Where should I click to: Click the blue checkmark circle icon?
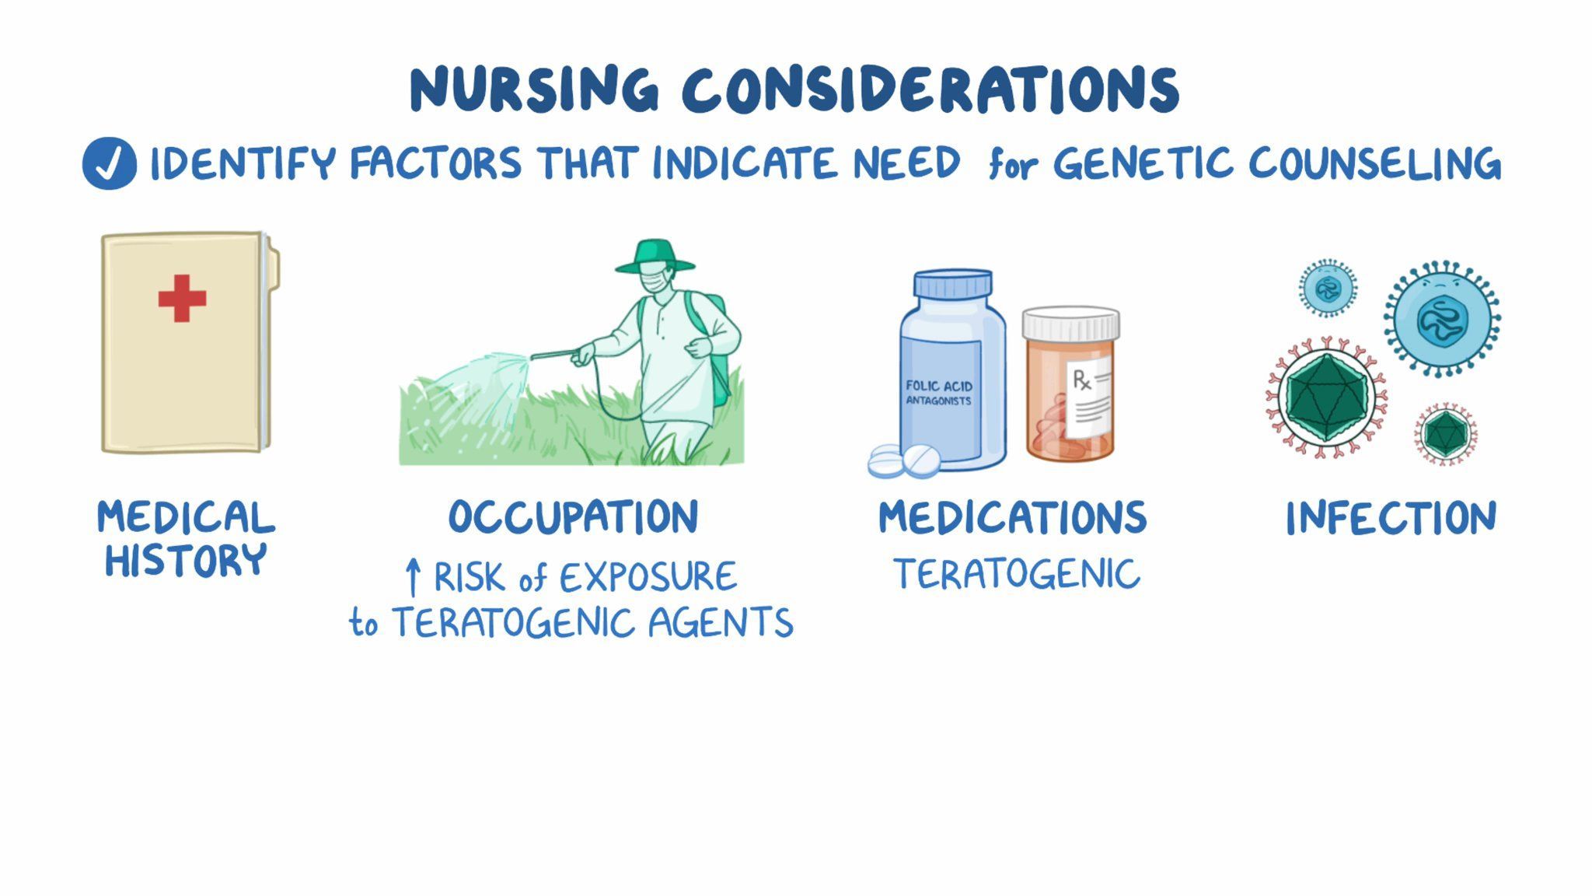(x=110, y=164)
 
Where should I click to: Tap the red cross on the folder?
(x=182, y=298)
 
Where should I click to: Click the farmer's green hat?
(x=655, y=257)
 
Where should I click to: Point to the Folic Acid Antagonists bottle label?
(x=939, y=393)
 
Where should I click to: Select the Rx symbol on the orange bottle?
(x=1081, y=380)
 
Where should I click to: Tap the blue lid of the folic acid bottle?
(x=953, y=283)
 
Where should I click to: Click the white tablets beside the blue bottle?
(x=903, y=461)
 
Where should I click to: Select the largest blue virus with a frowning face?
(x=1442, y=319)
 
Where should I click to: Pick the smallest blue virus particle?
(x=1328, y=289)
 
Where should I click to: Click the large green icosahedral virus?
(x=1326, y=397)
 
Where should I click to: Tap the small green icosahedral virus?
(x=1445, y=434)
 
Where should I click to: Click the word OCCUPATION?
(x=574, y=517)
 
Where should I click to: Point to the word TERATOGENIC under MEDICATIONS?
(x=1016, y=575)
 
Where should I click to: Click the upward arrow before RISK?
(x=414, y=578)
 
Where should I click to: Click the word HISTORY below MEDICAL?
(x=186, y=561)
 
